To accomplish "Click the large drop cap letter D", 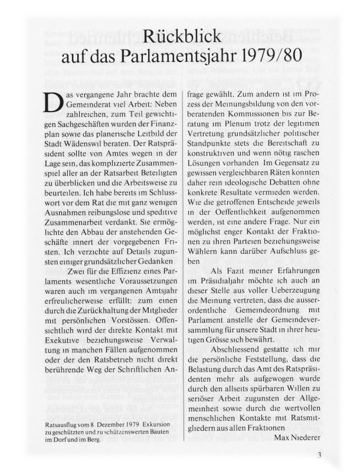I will click(50, 104).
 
